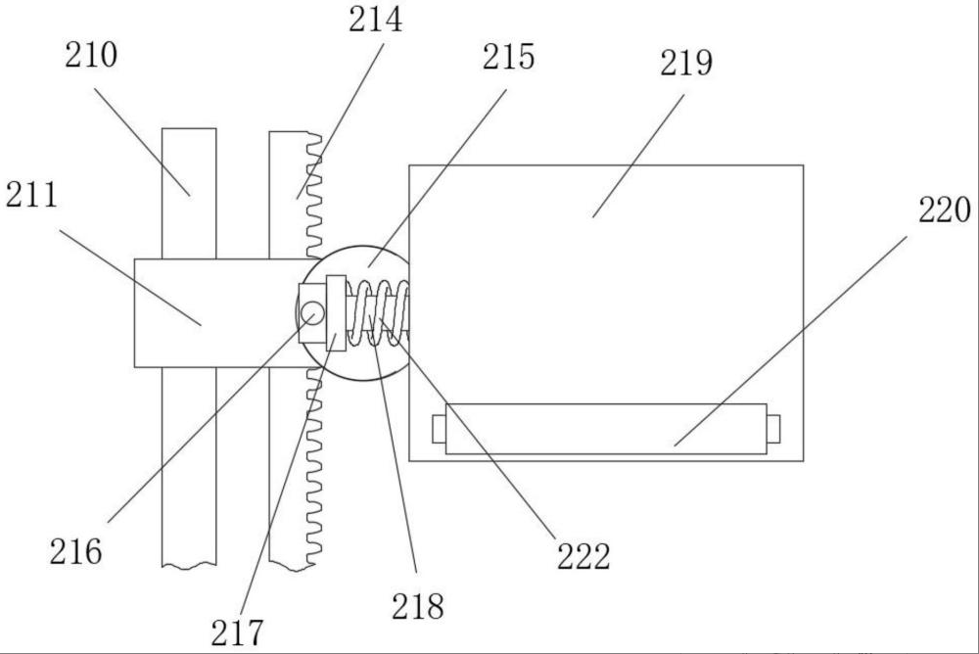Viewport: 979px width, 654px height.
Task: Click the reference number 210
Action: pyautogui.click(x=91, y=55)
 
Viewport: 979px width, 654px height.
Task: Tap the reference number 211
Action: pyautogui.click(x=32, y=195)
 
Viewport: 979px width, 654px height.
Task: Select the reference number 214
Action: pyautogui.click(x=375, y=20)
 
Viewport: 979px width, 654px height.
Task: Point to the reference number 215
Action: pyautogui.click(x=508, y=57)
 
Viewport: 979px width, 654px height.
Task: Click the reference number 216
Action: pyautogui.click(x=75, y=551)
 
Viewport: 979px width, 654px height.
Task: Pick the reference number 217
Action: pyautogui.click(x=237, y=632)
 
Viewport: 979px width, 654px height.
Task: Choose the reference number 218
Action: pyautogui.click(x=418, y=606)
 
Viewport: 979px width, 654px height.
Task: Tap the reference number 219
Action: pyautogui.click(x=686, y=63)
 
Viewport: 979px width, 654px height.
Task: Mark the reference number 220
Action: pyautogui.click(x=944, y=210)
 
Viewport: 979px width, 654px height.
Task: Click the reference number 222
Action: pyautogui.click(x=583, y=556)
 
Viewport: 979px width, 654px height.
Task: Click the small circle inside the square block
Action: pyautogui.click(x=312, y=312)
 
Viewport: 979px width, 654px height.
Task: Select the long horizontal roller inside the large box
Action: pyautogui.click(x=606, y=429)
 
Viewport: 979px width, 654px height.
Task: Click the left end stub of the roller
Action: pyautogui.click(x=439, y=429)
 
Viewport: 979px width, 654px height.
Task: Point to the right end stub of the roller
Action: pyautogui.click(x=773, y=429)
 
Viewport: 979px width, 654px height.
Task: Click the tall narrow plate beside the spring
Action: pyautogui.click(x=336, y=313)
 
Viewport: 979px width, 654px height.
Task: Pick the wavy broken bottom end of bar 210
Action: pyautogui.click(x=189, y=565)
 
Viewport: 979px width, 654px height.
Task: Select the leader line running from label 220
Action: pyautogui.click(x=790, y=341)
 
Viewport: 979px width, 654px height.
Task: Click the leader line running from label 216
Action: pyautogui.click(x=210, y=418)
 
